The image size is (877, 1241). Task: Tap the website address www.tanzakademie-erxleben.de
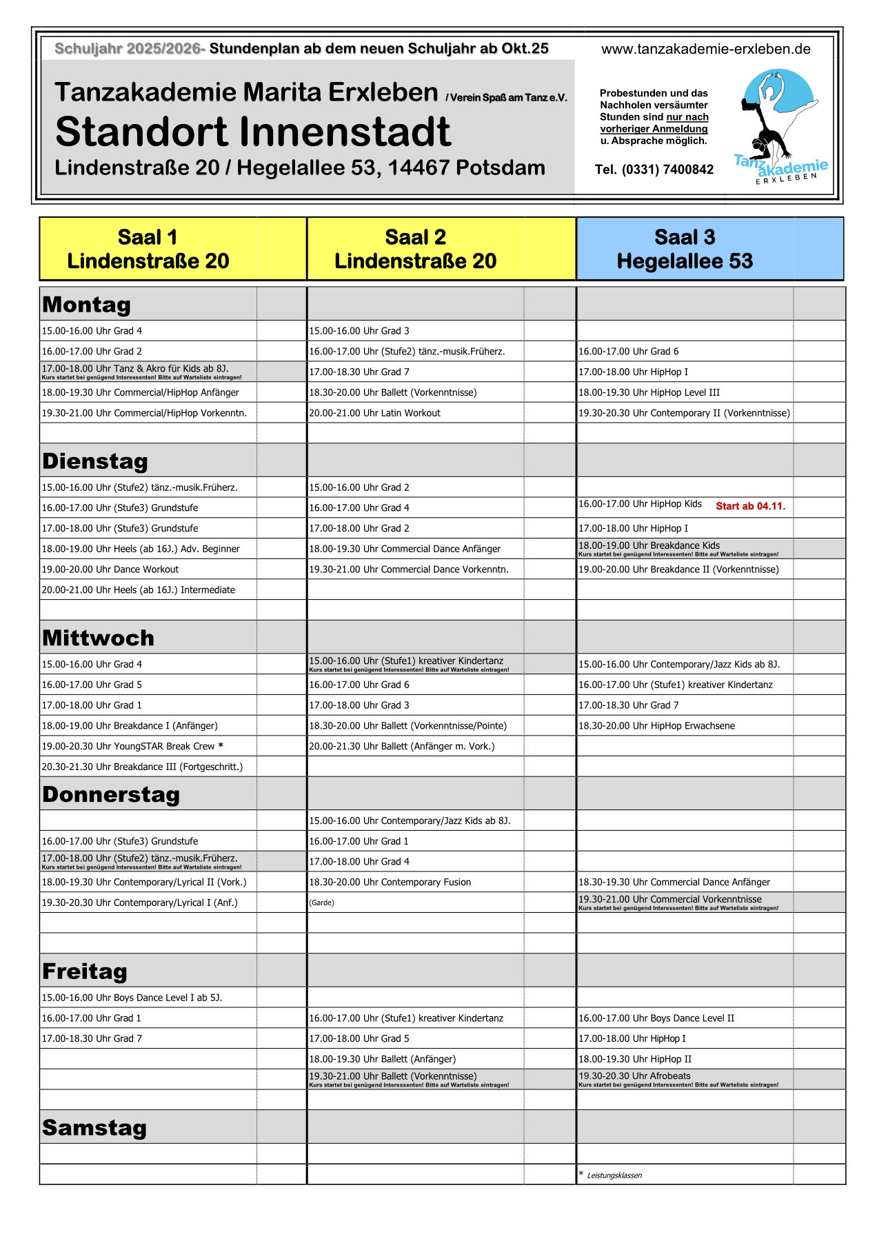[705, 49]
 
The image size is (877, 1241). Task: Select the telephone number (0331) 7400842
[654, 170]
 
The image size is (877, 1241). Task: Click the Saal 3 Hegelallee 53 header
[685, 249]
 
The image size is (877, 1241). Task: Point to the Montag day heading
[87, 304]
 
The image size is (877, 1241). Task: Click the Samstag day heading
[94, 1127]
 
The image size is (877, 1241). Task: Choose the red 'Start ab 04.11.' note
[750, 506]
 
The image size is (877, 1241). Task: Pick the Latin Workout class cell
[374, 413]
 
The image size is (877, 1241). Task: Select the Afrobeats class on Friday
[634, 1076]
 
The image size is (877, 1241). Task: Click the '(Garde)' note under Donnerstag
[321, 902]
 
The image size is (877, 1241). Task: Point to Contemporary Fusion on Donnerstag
[390, 882]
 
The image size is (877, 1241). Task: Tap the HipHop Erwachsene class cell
[656, 725]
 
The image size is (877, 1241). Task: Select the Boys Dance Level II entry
[656, 1018]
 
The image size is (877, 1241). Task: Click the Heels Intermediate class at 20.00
[138, 589]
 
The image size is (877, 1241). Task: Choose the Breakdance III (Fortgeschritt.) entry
[142, 767]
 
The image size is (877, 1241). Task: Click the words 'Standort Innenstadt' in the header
[253, 132]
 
